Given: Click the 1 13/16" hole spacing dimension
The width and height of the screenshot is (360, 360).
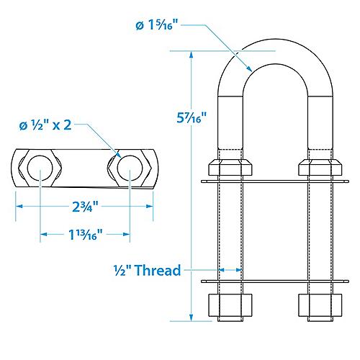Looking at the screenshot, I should pos(84,233).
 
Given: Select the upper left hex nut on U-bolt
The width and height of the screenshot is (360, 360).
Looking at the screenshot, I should pos(230,167).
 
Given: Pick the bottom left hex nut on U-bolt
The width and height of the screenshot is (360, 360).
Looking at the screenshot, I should pos(230,305).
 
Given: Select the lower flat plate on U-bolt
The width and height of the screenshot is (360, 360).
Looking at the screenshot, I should pos(275,280).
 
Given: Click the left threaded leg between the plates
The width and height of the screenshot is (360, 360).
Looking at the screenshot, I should pos(230,230).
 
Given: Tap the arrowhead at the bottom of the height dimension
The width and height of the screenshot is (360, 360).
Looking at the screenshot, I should pos(192,317).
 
